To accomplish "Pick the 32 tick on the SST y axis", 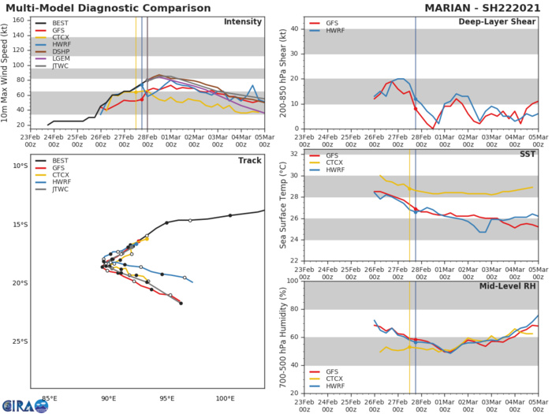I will tap(292, 154).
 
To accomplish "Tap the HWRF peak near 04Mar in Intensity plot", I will tap(252, 85).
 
